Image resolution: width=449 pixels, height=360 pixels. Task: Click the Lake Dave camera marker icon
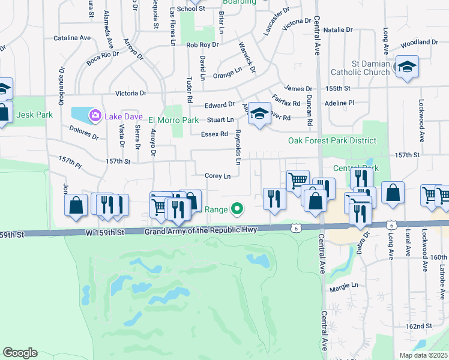click(x=95, y=115)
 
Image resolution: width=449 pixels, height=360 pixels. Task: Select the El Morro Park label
click(x=173, y=120)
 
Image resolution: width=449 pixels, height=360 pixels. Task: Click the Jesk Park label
click(x=35, y=115)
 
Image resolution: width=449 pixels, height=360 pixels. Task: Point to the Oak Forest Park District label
click(x=332, y=141)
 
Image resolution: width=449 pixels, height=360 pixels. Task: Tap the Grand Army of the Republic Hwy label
click(x=200, y=230)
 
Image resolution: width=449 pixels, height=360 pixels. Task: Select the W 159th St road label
click(x=104, y=232)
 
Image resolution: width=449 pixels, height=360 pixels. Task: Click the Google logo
click(x=20, y=353)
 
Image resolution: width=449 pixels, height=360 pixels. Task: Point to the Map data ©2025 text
click(x=424, y=355)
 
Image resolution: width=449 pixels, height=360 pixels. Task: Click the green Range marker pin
click(x=237, y=209)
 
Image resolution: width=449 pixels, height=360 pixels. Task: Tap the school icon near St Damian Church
click(x=406, y=67)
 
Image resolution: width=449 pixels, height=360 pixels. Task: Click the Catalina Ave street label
click(x=72, y=38)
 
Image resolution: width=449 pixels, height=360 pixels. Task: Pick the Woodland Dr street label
click(x=419, y=43)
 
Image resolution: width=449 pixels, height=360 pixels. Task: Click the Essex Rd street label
click(x=214, y=134)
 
